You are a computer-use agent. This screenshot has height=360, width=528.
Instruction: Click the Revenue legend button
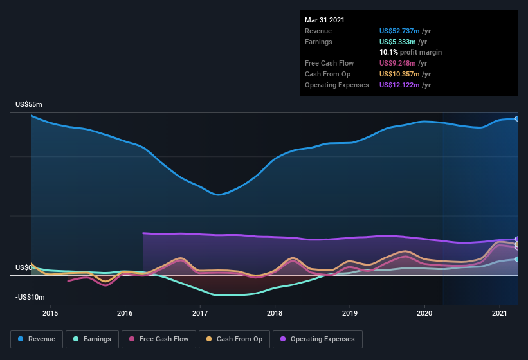pos(37,339)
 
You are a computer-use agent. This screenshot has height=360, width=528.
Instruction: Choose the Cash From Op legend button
pos(233,339)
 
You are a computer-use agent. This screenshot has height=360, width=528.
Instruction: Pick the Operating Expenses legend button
pos(318,339)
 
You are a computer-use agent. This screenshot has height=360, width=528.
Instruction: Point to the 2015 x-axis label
pos(50,313)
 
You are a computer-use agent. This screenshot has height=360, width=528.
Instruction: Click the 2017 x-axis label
pos(200,313)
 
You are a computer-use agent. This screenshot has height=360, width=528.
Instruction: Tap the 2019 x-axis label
pos(350,313)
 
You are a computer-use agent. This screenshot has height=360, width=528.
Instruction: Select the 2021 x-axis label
pos(500,313)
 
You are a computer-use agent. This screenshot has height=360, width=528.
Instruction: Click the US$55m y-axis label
pos(29,104)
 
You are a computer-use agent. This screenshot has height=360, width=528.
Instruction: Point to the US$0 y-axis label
pos(23,267)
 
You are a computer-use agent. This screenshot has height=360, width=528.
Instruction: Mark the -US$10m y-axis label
pos(30,297)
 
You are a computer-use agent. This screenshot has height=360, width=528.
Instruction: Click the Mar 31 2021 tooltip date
pos(325,20)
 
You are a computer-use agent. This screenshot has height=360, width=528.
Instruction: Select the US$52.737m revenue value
pos(399,30)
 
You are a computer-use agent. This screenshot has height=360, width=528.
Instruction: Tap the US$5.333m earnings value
pos(397,41)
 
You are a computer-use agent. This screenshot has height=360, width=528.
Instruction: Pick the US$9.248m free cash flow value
pos(397,63)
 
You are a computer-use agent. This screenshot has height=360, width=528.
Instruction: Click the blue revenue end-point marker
pos(516,118)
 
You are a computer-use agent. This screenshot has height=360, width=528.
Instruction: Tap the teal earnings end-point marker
pos(516,259)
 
